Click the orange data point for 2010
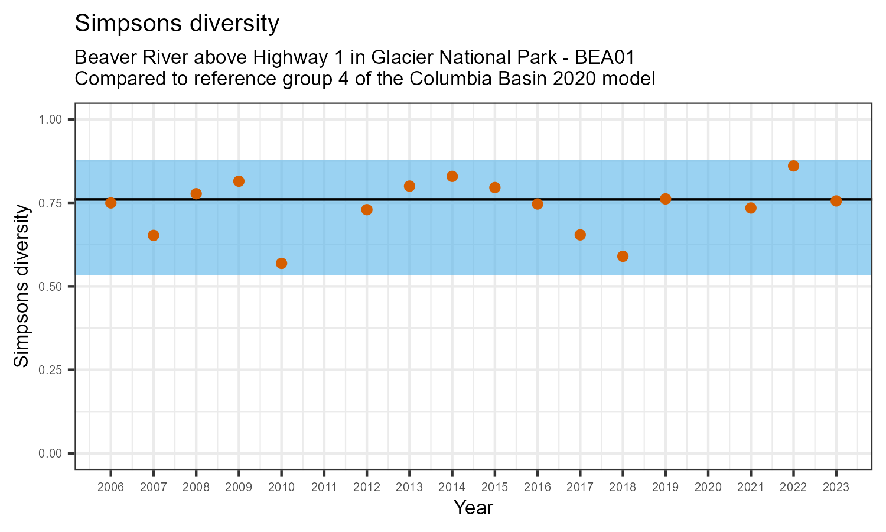click(x=281, y=263)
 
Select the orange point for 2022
click(x=793, y=166)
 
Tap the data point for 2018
click(x=623, y=256)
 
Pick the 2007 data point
click(x=154, y=235)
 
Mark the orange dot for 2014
click(x=452, y=176)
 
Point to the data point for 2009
click(x=239, y=181)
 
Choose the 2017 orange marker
click(x=580, y=235)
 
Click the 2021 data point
click(x=751, y=208)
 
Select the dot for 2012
click(x=367, y=209)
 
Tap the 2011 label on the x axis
click(x=324, y=488)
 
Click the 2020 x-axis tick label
click(x=708, y=488)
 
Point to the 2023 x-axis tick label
click(x=836, y=488)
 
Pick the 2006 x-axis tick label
click(x=110, y=488)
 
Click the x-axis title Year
click(x=473, y=508)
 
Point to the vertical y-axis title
click(x=22, y=286)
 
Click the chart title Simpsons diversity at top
click(x=177, y=24)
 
